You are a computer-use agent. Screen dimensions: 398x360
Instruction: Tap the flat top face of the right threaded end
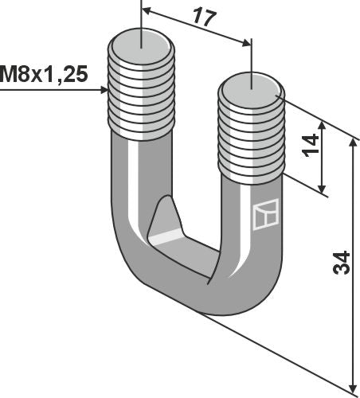click(251, 82)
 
